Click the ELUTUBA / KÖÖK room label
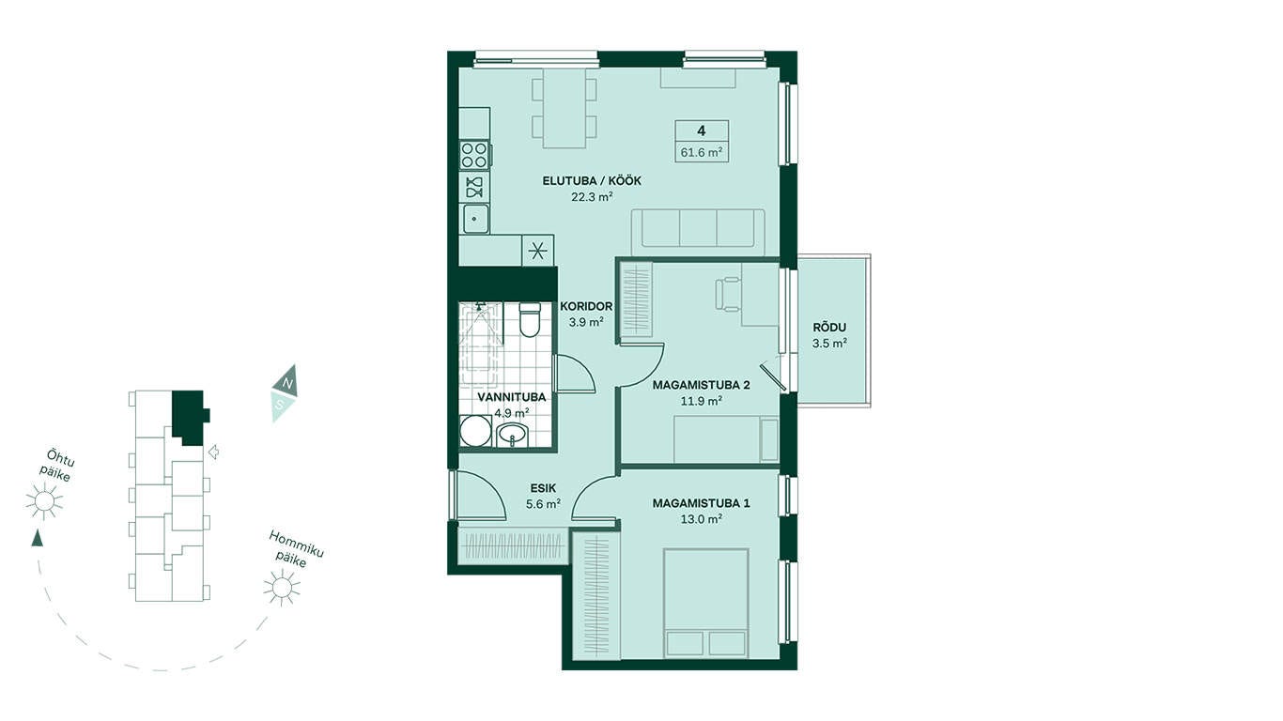592,181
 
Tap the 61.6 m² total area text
701,153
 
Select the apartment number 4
701,130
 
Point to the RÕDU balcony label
829,328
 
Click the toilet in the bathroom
529,319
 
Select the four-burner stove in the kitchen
475,155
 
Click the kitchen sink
475,219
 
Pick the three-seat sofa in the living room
698,231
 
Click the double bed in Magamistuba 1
706,603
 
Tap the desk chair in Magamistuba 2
728,294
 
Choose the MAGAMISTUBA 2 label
701,386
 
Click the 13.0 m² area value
701,519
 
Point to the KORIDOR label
586,306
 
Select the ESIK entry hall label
543,488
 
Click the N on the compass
288,382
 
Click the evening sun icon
44,501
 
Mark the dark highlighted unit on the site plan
189,417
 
